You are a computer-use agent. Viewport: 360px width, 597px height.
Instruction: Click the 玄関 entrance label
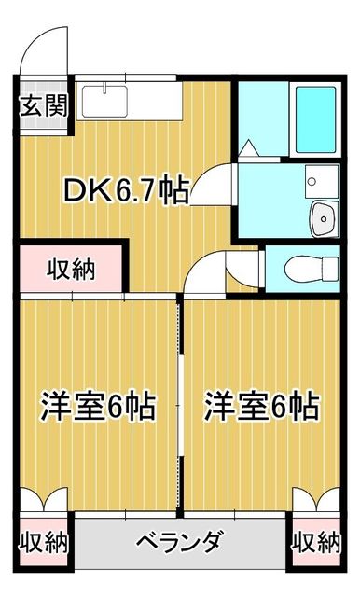tap(44, 104)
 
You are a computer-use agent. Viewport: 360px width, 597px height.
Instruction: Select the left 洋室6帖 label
tap(97, 407)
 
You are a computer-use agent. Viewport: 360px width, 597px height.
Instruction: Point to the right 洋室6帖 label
tap(262, 407)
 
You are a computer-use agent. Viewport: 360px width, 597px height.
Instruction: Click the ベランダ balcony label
tap(178, 541)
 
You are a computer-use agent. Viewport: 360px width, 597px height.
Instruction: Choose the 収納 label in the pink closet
tap(72, 271)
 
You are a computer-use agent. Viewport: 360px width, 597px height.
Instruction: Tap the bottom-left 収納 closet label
tap(43, 541)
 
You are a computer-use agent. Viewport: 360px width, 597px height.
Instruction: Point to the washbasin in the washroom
tap(322, 218)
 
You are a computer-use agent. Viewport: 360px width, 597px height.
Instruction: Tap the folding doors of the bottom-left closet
tap(43, 500)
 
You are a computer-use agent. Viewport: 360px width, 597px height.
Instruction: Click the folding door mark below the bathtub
tap(250, 147)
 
